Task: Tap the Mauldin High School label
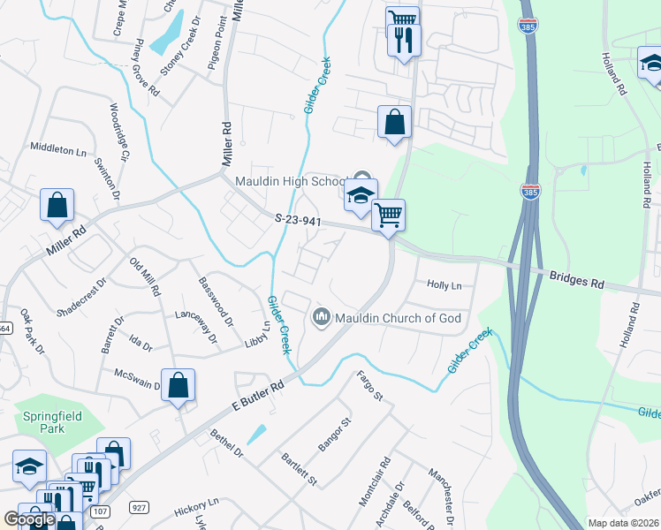(x=291, y=181)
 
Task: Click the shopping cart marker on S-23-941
(x=389, y=215)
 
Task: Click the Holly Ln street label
(x=444, y=285)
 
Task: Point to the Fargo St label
(x=369, y=386)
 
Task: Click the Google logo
(x=29, y=519)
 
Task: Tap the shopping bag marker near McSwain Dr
(x=179, y=386)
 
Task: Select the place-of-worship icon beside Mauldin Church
(x=322, y=316)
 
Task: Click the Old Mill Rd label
(x=145, y=276)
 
